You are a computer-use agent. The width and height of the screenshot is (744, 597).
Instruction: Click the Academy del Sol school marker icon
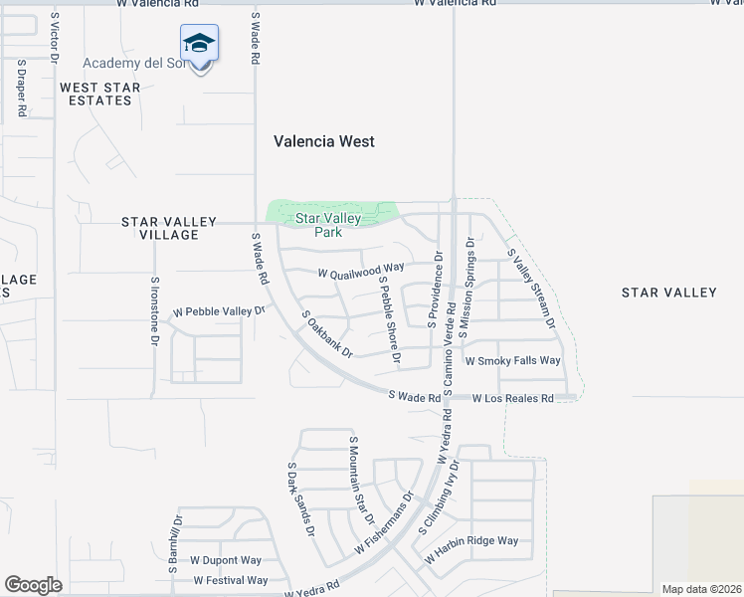coord(199,44)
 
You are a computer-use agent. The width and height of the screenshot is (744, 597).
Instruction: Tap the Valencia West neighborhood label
coord(324,141)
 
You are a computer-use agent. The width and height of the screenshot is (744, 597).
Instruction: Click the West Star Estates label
coord(99,94)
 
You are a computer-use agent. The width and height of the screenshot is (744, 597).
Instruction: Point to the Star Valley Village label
coord(160,228)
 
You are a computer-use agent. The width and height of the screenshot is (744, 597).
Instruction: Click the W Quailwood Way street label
coord(360,269)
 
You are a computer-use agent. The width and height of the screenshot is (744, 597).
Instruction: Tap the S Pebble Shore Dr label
coord(388,317)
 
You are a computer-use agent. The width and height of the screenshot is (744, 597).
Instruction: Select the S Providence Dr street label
coord(435,289)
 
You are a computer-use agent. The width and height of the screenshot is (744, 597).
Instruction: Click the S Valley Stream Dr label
coord(531,290)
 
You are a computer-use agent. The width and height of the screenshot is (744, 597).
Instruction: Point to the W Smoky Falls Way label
coord(513,360)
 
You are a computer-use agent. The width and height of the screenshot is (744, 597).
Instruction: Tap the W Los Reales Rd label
coord(512,398)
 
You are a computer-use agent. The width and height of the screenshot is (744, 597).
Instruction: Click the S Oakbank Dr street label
coord(327,333)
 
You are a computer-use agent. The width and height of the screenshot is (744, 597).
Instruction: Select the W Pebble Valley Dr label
coord(220,311)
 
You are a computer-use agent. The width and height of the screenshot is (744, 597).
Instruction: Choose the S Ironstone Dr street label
coord(155,310)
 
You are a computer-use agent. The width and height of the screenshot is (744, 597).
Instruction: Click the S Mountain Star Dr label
coord(360,480)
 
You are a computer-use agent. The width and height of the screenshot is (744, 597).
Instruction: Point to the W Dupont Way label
coord(226,560)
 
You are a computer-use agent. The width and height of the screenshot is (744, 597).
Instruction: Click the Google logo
coord(33,585)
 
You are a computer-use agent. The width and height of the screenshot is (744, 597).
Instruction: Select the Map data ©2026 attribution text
coord(701,589)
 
